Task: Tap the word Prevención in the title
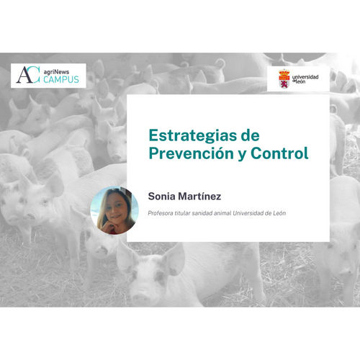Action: point(192,153)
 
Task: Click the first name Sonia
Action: point(161,197)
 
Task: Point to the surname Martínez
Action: point(199,196)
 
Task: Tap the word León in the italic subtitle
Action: point(279,213)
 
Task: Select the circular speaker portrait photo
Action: point(114,210)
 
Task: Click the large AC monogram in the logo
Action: point(28,75)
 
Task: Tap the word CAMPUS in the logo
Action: point(61,79)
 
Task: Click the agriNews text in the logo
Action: point(56,72)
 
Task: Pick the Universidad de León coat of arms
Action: point(284,78)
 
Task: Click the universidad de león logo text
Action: point(305,79)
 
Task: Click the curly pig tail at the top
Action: point(220,63)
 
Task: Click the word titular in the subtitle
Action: point(182,213)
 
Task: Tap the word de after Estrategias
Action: point(251,135)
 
